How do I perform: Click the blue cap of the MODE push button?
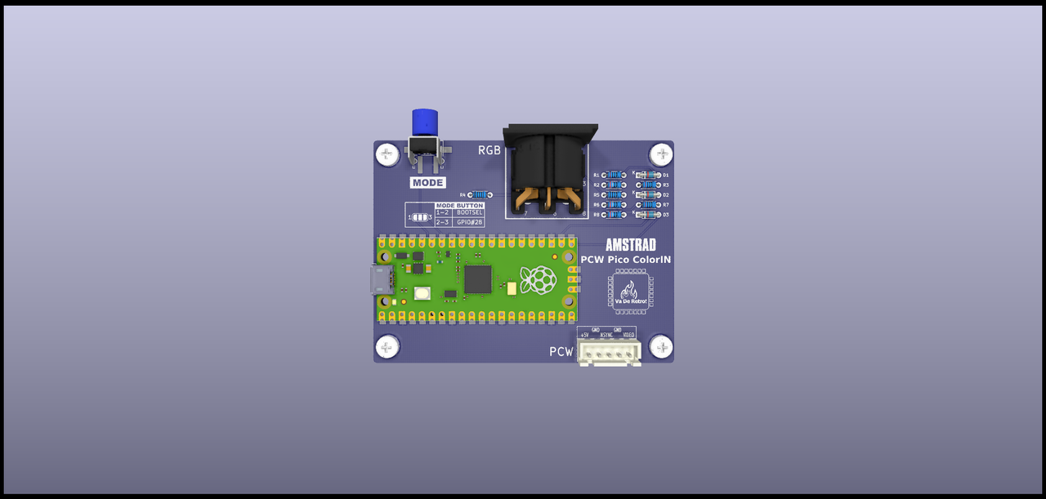click(423, 123)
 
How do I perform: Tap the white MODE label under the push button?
click(428, 183)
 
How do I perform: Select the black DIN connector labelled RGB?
click(548, 167)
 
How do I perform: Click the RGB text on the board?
click(489, 150)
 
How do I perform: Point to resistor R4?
click(481, 194)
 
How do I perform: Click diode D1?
click(649, 175)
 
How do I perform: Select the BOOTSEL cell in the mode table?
click(470, 212)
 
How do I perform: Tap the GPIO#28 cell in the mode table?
click(470, 221)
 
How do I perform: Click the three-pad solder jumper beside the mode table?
click(420, 217)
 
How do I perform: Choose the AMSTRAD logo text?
click(630, 244)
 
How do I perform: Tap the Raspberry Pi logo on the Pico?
click(539, 279)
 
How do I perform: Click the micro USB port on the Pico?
click(381, 280)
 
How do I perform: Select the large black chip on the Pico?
click(477, 278)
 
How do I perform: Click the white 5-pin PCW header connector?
click(610, 352)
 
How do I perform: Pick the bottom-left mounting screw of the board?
click(387, 347)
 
